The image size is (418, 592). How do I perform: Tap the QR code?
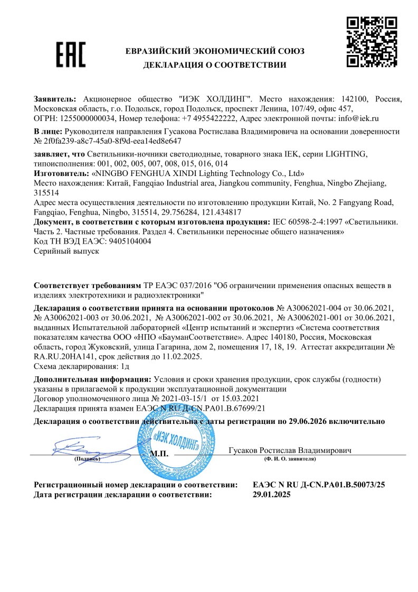pos(371,42)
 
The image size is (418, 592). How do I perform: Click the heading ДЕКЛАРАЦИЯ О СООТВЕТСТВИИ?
pos(214,65)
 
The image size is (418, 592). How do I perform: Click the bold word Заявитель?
pos(54,99)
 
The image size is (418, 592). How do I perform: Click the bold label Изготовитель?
pos(61,173)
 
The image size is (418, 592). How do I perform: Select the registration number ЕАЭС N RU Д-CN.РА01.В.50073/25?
pos(319,484)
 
